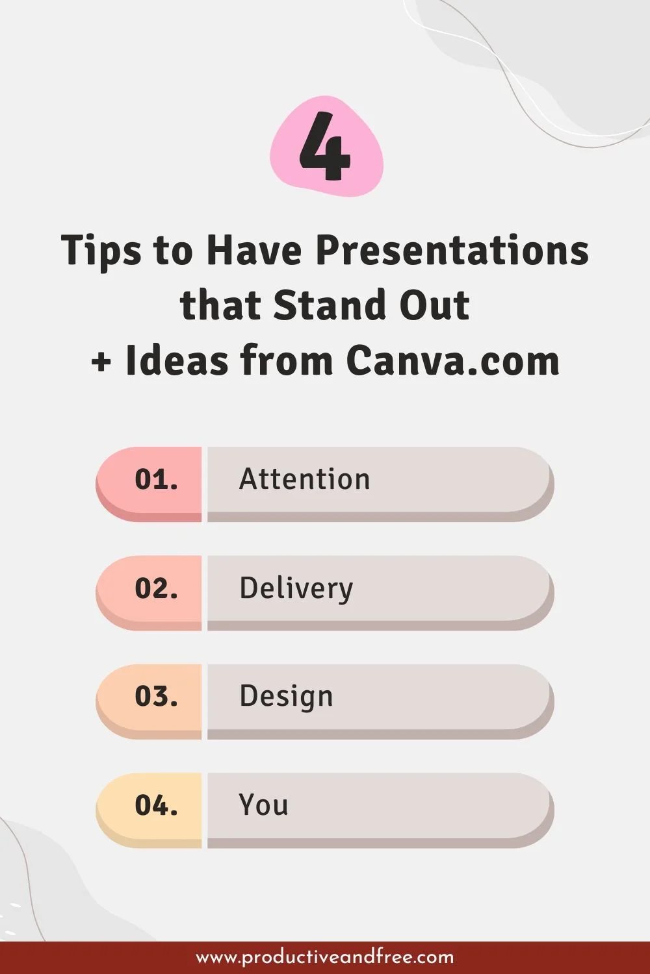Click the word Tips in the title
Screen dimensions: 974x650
coord(101,251)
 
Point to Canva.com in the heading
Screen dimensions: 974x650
coord(452,360)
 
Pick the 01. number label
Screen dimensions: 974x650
coord(156,480)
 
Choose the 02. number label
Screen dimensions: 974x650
coord(156,588)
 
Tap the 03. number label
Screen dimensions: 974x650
coord(156,697)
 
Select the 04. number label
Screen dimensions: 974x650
coord(156,806)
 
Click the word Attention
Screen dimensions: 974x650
coord(304,479)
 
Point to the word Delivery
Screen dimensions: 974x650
coord(296,589)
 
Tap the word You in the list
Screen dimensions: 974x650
coord(263,805)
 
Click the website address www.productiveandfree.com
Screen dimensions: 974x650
coord(325,957)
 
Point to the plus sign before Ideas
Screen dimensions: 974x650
coord(101,362)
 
